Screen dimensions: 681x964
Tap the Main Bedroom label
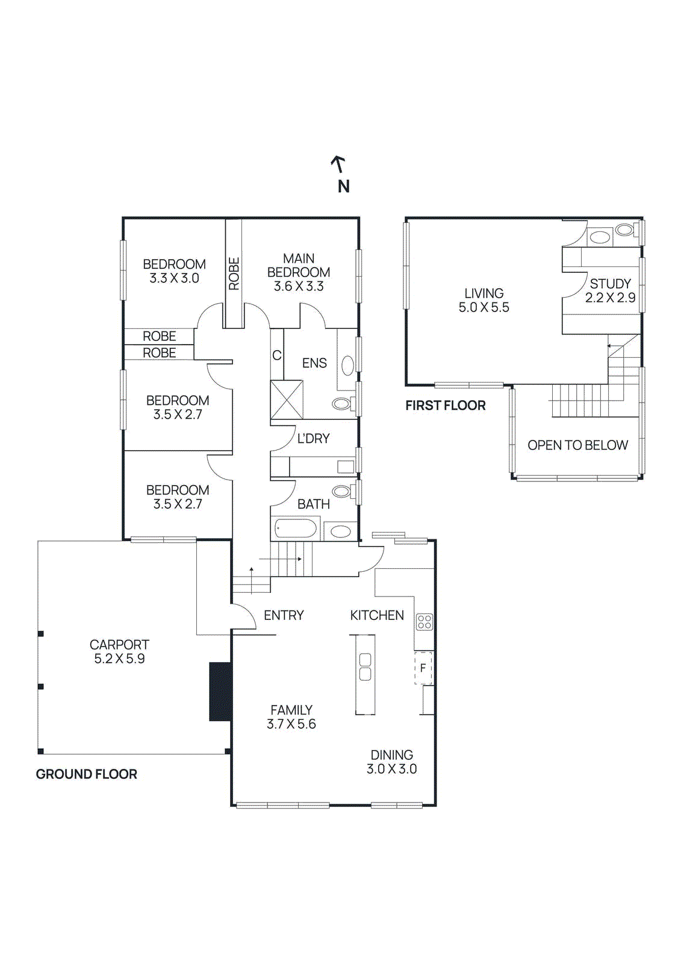tap(299, 272)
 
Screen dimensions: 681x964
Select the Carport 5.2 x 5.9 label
tap(119, 651)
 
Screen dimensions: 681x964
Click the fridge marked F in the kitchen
tap(423, 668)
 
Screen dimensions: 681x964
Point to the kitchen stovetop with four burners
tap(424, 622)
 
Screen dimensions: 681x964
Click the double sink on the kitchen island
tap(365, 666)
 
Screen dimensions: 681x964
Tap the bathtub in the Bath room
tap(296, 528)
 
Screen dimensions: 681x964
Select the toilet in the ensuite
tap(343, 403)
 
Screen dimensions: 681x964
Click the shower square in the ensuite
tap(287, 399)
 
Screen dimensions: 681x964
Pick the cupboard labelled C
tap(276, 355)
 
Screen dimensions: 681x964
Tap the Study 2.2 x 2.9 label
tap(610, 290)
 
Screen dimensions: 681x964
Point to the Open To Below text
tap(578, 445)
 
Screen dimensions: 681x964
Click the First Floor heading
tap(445, 405)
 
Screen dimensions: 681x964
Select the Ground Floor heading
tap(87, 774)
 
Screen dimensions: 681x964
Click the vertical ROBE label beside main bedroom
tap(234, 274)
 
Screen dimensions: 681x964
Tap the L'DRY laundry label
tap(313, 439)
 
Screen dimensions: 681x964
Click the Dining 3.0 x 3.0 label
tap(391, 762)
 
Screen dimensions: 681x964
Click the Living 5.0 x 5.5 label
tap(484, 300)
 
